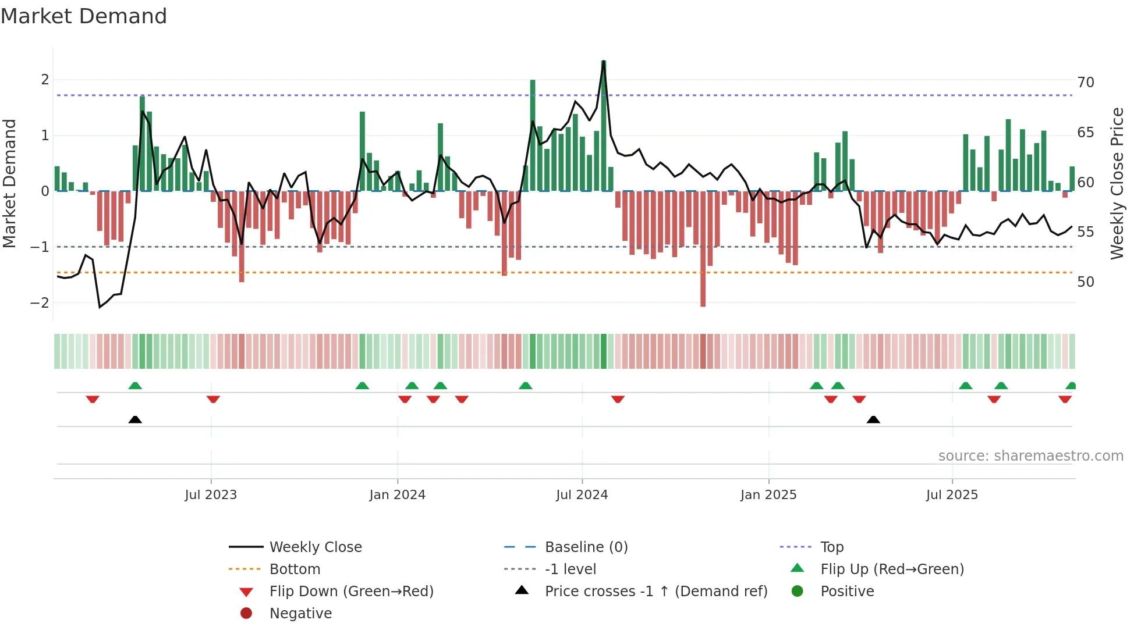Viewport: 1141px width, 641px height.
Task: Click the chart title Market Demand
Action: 84,16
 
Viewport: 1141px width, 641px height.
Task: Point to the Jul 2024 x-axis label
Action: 582,495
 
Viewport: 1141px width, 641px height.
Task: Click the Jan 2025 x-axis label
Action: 768,495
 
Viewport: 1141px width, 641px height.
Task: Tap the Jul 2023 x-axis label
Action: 211,495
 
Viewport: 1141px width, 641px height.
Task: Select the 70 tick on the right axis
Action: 1085,83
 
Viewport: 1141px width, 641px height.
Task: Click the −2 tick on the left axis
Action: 40,302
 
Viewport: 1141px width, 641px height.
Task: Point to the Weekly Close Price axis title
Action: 1117,183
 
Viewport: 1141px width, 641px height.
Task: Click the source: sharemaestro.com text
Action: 1030,455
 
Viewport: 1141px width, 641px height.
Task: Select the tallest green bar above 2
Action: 604,116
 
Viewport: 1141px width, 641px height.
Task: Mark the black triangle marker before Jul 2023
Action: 135,419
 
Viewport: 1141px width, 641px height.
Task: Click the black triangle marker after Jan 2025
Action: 873,419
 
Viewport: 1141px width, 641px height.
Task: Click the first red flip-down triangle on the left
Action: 93,399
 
